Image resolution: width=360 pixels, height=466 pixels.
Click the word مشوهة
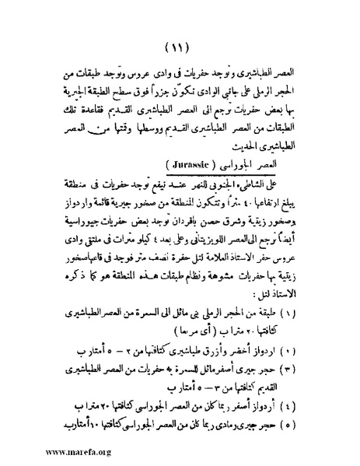coord(211,281)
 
